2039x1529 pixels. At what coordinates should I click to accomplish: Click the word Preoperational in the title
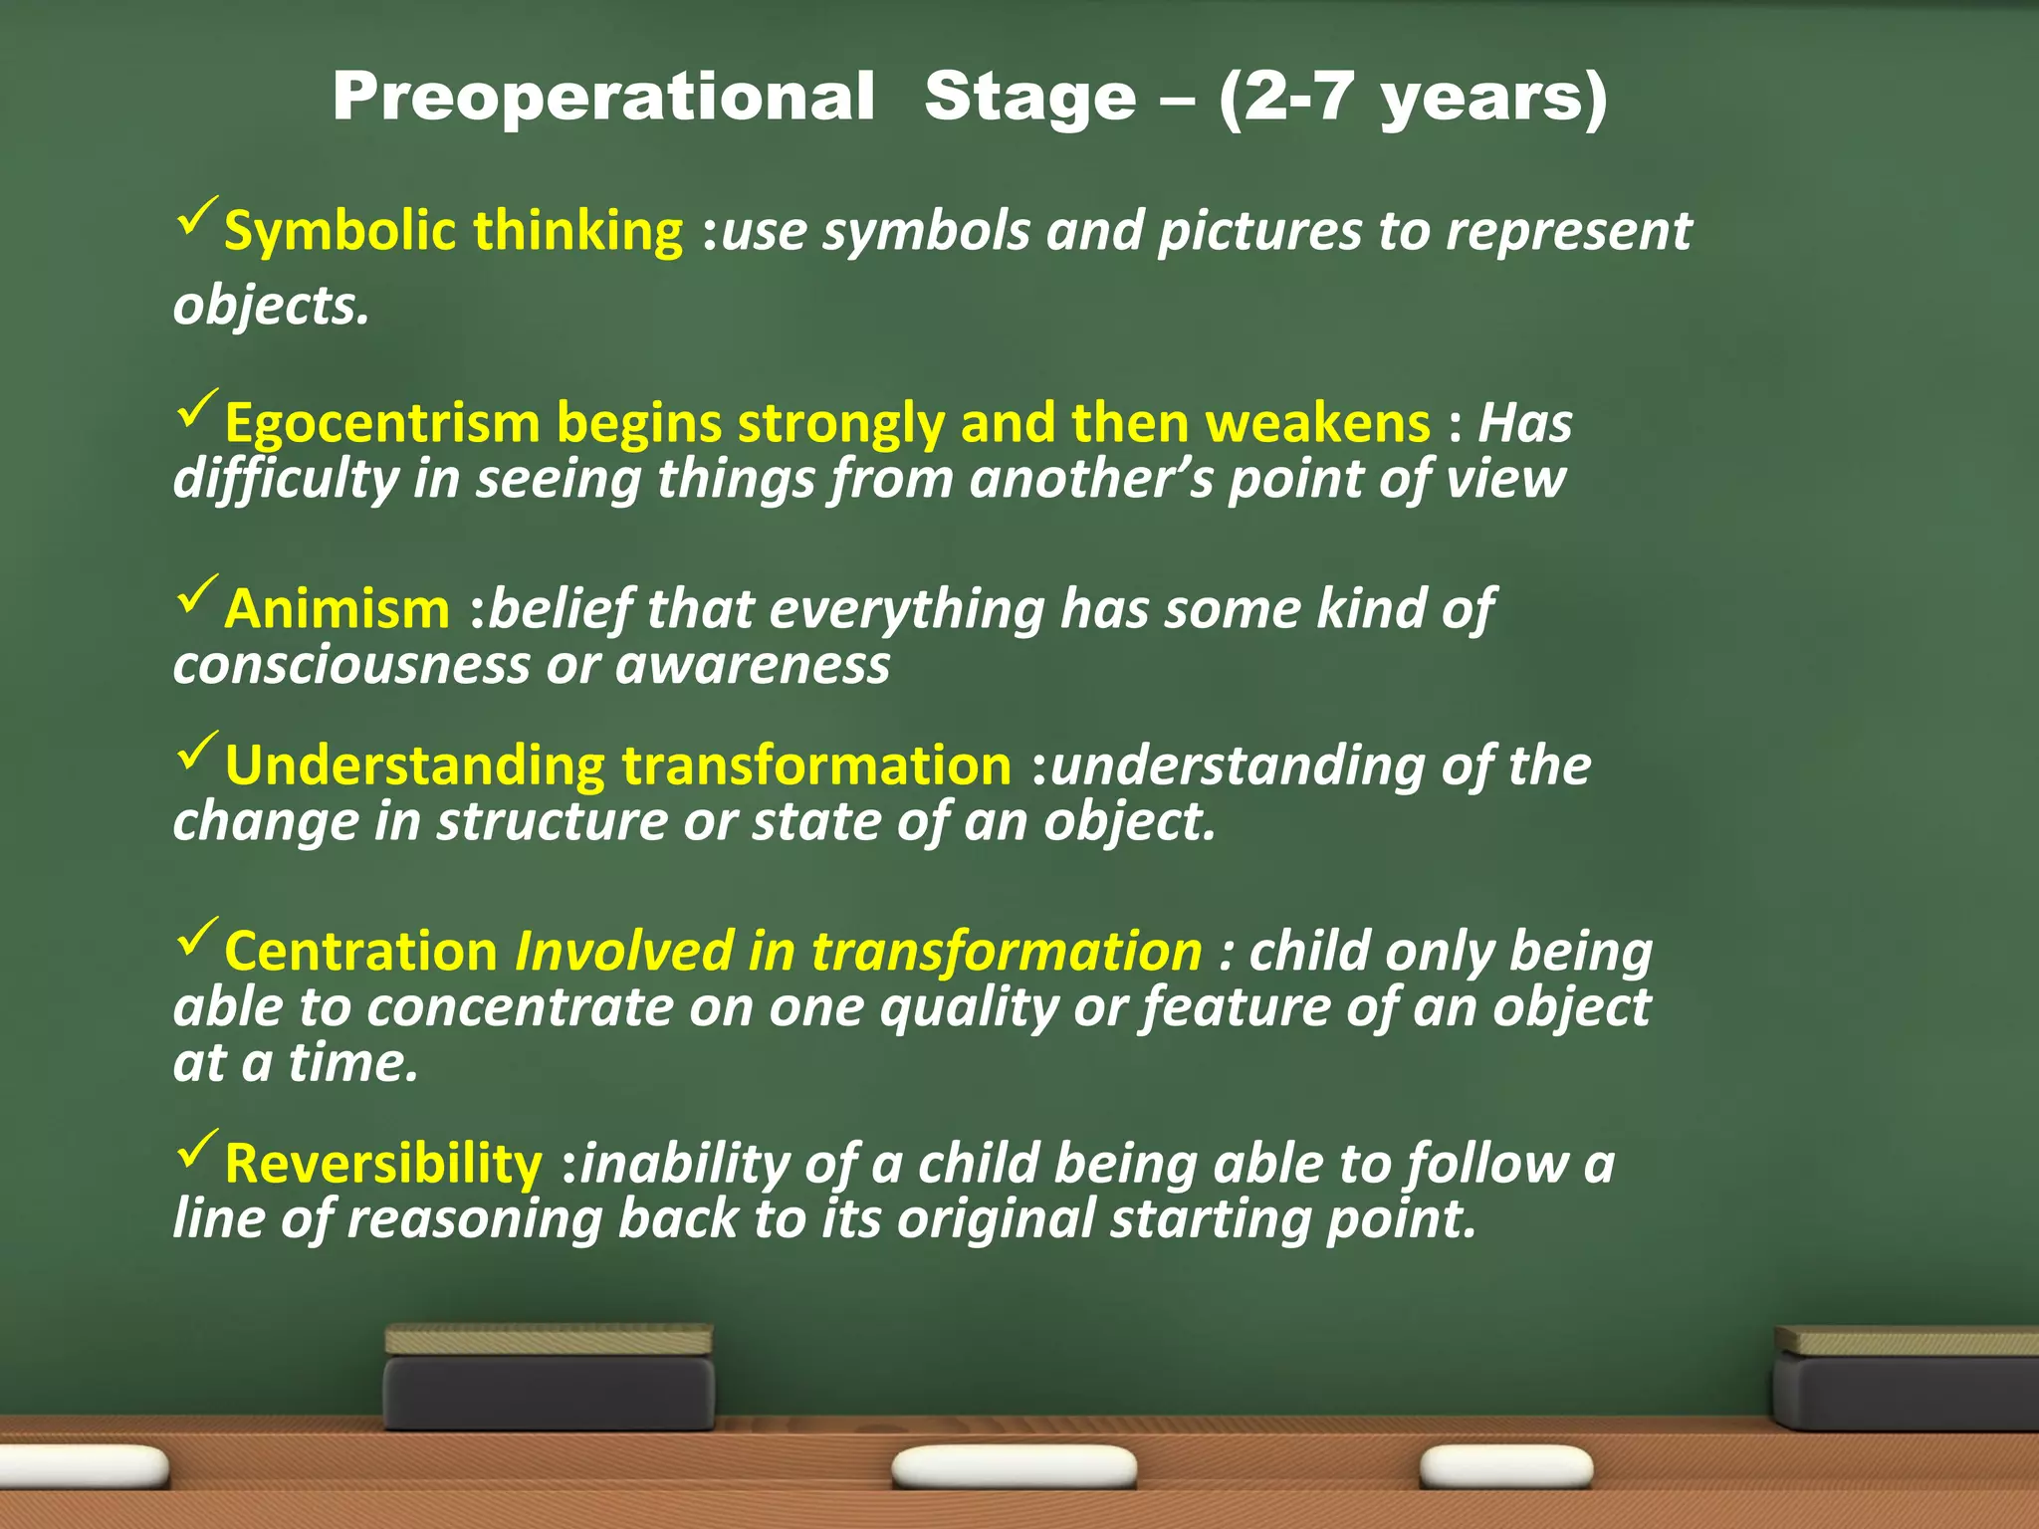(x=603, y=98)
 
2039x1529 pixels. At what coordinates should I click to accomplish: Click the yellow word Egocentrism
(x=381, y=424)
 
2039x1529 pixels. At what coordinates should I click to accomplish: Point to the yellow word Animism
(x=338, y=609)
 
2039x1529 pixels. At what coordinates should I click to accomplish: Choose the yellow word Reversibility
(x=383, y=1164)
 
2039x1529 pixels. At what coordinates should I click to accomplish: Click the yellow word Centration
(x=361, y=952)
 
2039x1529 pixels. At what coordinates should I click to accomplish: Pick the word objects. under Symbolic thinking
(x=271, y=306)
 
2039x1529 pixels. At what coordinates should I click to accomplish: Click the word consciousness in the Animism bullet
(x=351, y=665)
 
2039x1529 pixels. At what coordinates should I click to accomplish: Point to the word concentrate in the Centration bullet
(x=520, y=1007)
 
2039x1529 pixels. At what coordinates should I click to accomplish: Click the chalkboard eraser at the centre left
(x=549, y=1378)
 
